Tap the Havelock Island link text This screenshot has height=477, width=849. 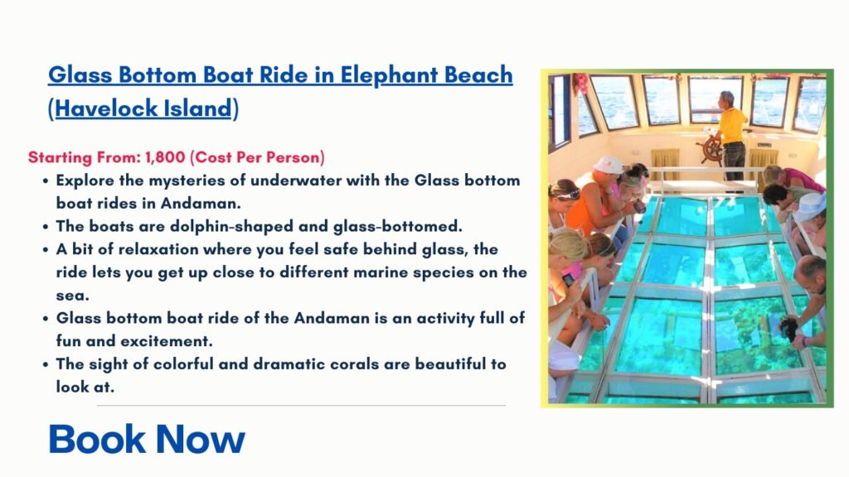tap(143, 108)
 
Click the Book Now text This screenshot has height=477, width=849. tap(147, 439)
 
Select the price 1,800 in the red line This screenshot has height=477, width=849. tap(165, 157)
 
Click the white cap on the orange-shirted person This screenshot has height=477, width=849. tap(608, 165)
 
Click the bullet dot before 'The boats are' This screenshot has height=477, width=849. tap(46, 227)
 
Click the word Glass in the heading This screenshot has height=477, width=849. tap(80, 75)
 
